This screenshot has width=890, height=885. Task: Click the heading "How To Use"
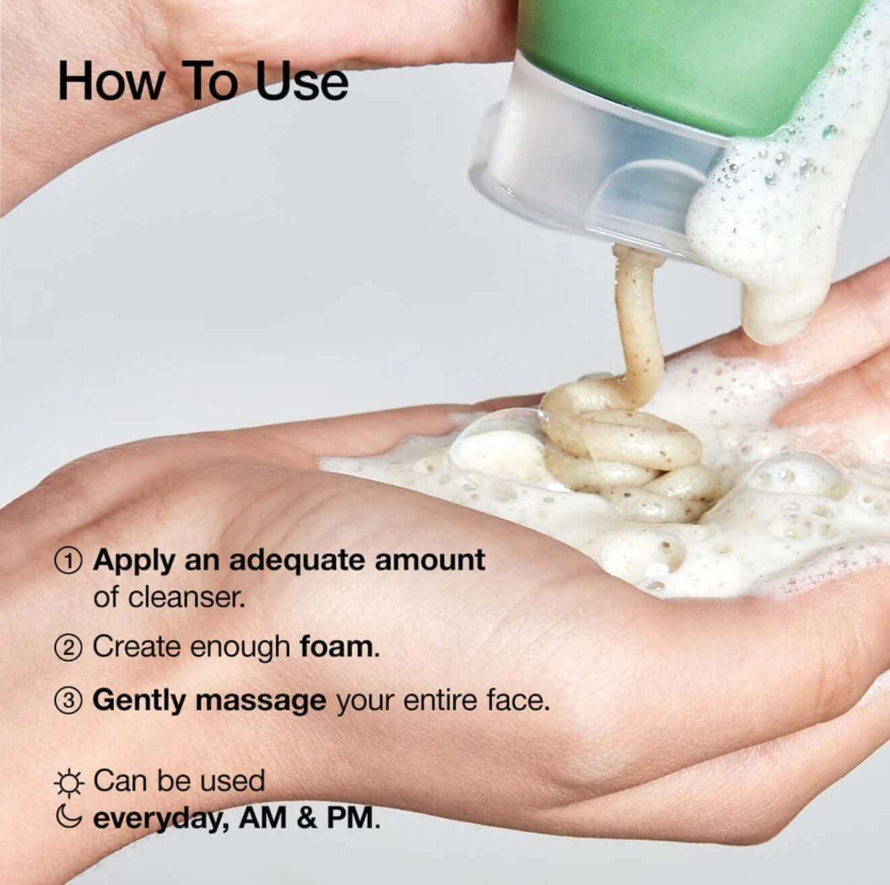point(203,82)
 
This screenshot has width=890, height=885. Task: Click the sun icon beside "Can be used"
point(69,783)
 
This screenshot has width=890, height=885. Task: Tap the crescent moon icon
point(69,818)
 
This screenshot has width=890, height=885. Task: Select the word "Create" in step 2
point(138,647)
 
